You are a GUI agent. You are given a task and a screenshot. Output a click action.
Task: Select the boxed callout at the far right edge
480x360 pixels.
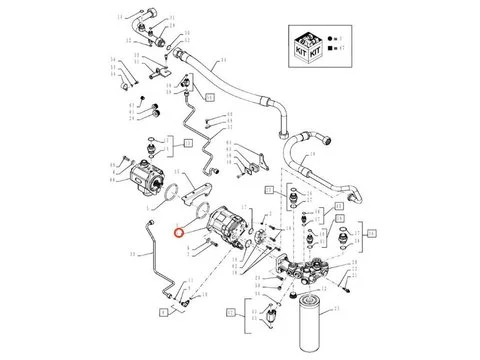coord(371,232)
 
